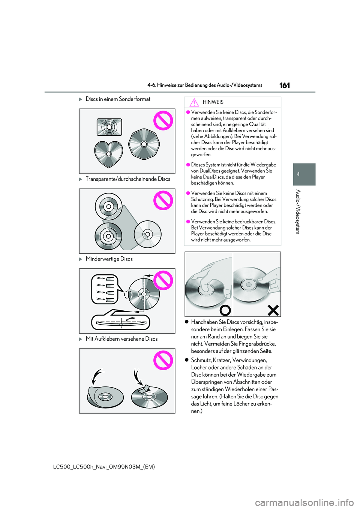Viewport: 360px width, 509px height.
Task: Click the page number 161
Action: pos(285,85)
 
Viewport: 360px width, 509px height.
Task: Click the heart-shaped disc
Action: pos(108,154)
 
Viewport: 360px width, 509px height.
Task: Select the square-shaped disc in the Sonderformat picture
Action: pos(109,127)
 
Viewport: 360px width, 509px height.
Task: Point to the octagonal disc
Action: pos(144,144)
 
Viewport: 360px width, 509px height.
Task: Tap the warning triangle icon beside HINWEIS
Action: pos(194,102)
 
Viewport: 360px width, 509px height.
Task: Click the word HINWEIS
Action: pos(213,102)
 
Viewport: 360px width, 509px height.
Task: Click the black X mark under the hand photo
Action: pos(273,310)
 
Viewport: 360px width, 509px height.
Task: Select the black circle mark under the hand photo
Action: pos(225,310)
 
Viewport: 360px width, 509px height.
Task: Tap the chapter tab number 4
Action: pos(298,174)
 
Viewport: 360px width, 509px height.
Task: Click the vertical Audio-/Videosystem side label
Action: pos(298,212)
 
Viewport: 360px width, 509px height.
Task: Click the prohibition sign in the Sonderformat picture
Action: pos(163,121)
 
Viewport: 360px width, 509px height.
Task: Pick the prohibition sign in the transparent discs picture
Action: pos(163,200)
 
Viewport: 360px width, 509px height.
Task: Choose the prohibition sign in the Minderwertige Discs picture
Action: pos(163,280)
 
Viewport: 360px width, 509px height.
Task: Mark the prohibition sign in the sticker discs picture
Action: pos(163,360)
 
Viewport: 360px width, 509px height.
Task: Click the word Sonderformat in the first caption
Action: pos(135,99)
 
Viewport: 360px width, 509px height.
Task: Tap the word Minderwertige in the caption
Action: pos(102,259)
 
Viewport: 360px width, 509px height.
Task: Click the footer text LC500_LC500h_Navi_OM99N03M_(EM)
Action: pos(104,467)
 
